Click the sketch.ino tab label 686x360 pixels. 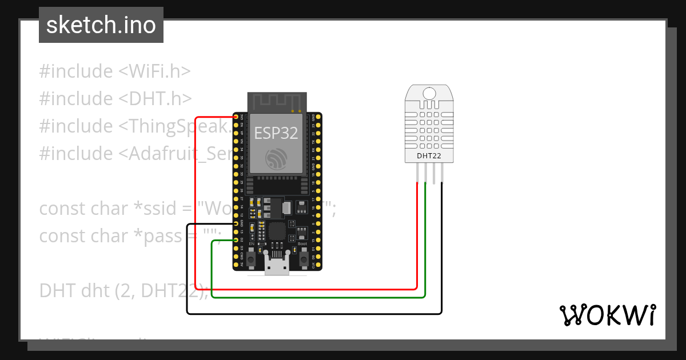tap(101, 25)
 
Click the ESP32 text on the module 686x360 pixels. tap(276, 133)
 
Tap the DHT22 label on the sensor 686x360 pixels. tap(429, 155)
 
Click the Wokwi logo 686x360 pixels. tap(607, 315)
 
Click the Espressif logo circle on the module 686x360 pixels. tap(277, 159)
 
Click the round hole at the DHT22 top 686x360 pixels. tap(429, 93)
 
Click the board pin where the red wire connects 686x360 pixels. tap(236, 117)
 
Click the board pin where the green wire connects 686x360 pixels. tap(236, 241)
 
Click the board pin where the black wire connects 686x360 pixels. tap(236, 224)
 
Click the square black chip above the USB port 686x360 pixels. tap(277, 231)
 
